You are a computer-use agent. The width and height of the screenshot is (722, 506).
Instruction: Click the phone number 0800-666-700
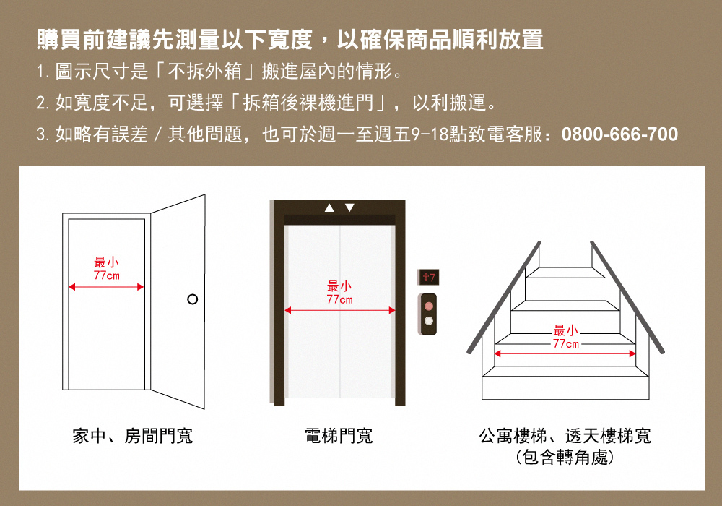619,134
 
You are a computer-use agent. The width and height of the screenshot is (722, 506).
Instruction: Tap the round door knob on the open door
193,299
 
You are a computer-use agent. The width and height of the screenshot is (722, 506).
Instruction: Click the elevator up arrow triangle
329,208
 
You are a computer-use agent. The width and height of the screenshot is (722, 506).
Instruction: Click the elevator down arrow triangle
349,208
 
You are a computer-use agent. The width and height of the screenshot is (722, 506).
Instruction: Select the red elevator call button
429,306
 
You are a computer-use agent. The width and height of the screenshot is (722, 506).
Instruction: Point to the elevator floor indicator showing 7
429,277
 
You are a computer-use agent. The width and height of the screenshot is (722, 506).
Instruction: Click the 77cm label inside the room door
106,275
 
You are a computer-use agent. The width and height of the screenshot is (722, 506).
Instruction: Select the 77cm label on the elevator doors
340,299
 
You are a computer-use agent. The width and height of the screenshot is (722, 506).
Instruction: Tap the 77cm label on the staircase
566,344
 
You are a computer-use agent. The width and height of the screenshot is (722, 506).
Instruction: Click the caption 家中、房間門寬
133,436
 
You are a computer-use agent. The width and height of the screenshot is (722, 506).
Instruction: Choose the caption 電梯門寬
339,436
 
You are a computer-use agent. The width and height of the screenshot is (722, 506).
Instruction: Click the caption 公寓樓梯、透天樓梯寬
565,436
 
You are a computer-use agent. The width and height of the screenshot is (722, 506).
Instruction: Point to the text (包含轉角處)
565,458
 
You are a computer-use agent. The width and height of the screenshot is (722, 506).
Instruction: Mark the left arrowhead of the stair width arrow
497,354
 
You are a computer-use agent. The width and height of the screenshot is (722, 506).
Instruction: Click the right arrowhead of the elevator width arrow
392,310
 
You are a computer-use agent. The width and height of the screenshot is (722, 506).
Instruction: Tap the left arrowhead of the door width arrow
71,287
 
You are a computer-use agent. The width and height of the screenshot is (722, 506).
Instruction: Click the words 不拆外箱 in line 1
205,72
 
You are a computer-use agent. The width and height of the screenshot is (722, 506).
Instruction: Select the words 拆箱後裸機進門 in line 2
308,103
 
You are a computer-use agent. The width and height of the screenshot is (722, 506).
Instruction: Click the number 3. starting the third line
43,134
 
